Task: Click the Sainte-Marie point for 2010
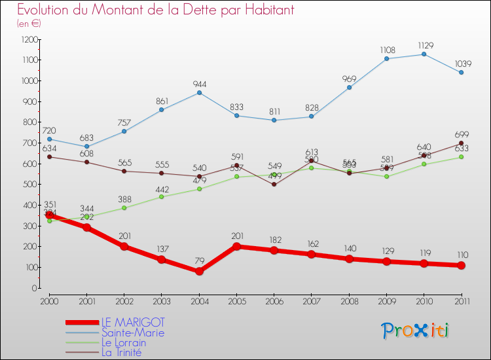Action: pyautogui.click(x=424, y=54)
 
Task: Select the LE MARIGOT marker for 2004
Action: pyautogui.click(x=199, y=271)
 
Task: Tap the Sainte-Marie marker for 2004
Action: pyautogui.click(x=199, y=92)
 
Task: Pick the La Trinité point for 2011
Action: pyautogui.click(x=461, y=143)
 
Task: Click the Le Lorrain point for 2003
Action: pyautogui.click(x=162, y=196)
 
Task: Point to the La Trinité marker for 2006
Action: pyautogui.click(x=274, y=185)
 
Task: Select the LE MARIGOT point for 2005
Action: pyautogui.click(x=236, y=246)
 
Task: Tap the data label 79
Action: pyautogui.click(x=199, y=261)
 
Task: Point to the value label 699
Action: pyautogui.click(x=461, y=134)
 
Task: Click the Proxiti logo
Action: pyautogui.click(x=415, y=331)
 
